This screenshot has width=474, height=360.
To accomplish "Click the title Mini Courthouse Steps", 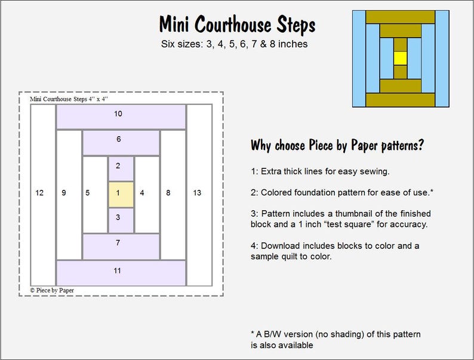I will tap(237, 25).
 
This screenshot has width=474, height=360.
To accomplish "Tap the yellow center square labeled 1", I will tap(121, 193).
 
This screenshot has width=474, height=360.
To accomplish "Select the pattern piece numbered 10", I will tap(121, 117).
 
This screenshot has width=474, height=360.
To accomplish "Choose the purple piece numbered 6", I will tap(121, 143).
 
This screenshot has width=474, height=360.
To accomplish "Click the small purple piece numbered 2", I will tap(121, 168).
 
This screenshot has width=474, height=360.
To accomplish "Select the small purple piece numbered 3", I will tap(121, 220).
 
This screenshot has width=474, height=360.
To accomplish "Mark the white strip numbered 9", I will tap(69, 194).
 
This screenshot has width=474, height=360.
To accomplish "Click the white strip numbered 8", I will tap(173, 194).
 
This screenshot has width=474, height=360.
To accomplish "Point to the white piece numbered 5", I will tap(94, 194).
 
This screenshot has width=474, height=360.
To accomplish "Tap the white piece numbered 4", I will tap(147, 194).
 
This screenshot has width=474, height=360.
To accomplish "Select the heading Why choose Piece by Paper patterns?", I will tap(337, 146).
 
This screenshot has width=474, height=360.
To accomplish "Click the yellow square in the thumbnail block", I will tap(400, 58).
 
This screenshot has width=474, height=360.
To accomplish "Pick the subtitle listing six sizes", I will tap(235, 44).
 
